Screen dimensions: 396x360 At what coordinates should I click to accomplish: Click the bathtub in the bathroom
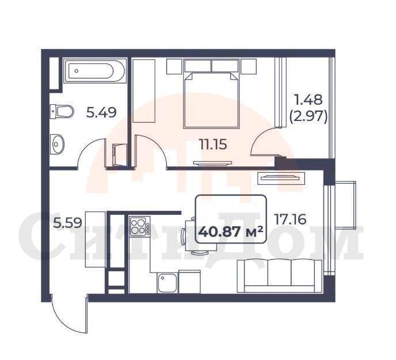(x=94, y=71)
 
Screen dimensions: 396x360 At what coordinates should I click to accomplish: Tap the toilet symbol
(x=62, y=112)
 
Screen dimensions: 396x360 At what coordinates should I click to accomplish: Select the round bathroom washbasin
(x=57, y=144)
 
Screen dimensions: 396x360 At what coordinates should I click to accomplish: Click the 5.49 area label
(x=101, y=112)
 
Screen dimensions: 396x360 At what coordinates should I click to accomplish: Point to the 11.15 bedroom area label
(x=213, y=145)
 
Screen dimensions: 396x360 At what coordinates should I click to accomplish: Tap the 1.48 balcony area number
(x=309, y=100)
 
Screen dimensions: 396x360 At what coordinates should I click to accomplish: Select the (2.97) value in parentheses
(x=309, y=117)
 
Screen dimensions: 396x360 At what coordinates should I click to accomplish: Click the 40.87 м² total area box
(x=231, y=219)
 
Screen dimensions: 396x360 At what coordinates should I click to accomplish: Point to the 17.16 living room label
(x=290, y=219)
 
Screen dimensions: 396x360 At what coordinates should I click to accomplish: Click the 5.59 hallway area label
(x=67, y=223)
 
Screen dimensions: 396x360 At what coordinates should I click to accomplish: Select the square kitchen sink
(x=167, y=283)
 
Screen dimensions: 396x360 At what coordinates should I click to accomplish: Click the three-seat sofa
(x=280, y=276)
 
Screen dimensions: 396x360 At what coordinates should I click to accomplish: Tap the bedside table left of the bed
(x=174, y=66)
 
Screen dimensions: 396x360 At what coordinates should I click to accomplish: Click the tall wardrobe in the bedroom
(x=144, y=91)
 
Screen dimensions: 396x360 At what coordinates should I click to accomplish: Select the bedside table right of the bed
(x=249, y=66)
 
